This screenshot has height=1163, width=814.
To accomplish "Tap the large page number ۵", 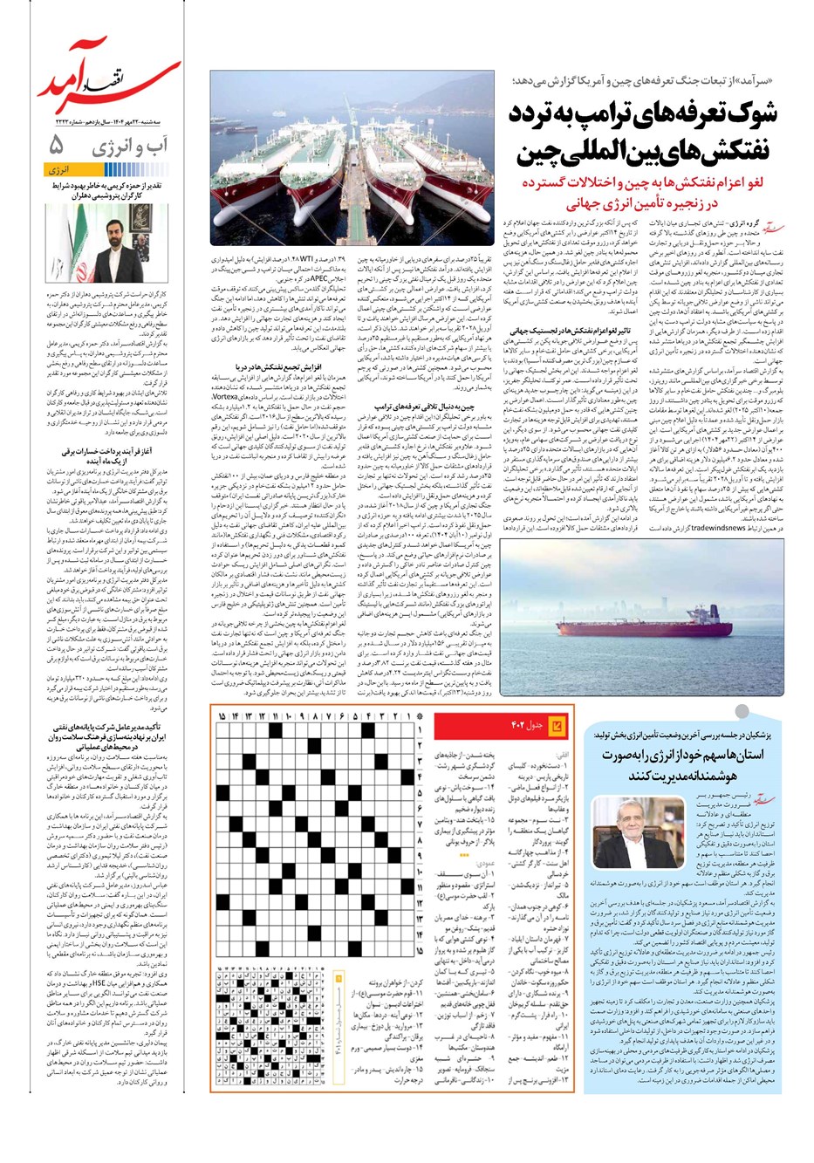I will pyautogui.click(x=56, y=145).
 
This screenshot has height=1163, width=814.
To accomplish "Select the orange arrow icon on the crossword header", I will pyautogui.click(x=559, y=727).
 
